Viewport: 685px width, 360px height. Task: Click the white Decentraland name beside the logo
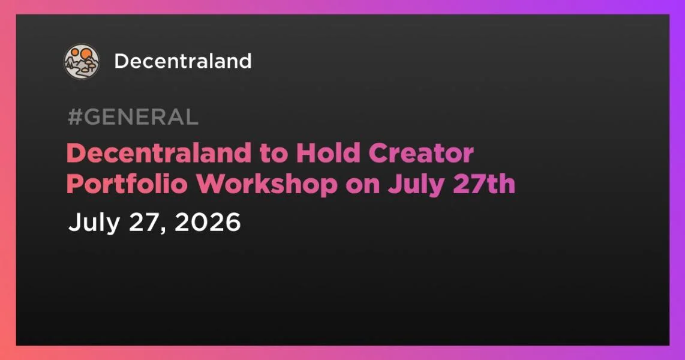click(183, 61)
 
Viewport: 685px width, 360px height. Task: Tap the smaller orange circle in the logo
click(75, 52)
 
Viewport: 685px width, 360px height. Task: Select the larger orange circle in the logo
click(86, 55)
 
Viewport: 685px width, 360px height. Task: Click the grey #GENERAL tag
click(133, 116)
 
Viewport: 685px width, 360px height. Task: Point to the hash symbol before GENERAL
click(75, 116)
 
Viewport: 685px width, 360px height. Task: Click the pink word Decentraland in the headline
click(158, 154)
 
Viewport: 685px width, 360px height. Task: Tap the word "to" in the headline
click(274, 154)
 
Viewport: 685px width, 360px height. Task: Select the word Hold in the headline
click(328, 154)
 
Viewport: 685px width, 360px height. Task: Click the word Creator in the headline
click(421, 154)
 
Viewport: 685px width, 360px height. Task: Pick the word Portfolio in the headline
click(127, 184)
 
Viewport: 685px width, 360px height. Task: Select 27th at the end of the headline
click(484, 184)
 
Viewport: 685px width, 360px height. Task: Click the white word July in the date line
click(94, 223)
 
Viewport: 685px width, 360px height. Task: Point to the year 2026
click(208, 222)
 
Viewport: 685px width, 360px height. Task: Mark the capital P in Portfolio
click(75, 184)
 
